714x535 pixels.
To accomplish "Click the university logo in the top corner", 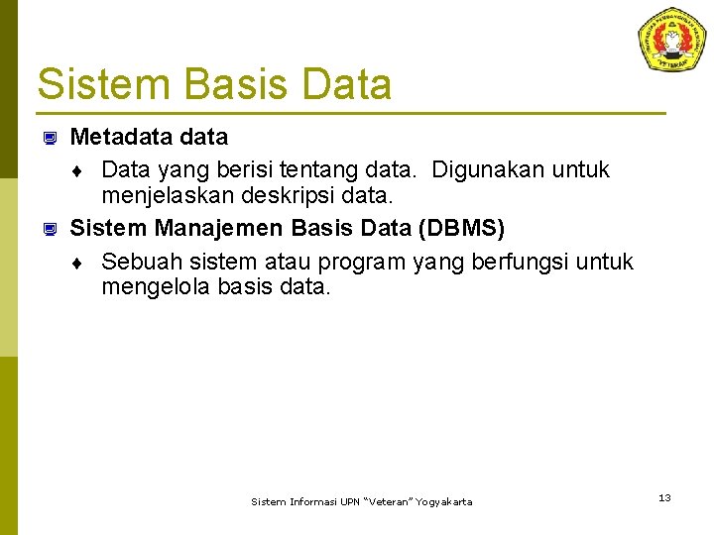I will (672, 39).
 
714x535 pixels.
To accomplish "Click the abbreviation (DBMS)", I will (461, 229).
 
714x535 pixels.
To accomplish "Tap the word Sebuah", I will (140, 262).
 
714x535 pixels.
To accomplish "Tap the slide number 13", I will (664, 497).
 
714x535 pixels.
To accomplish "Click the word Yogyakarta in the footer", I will (444, 502).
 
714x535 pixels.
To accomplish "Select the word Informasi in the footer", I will (309, 502).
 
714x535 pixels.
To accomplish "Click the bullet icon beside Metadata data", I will (48, 138).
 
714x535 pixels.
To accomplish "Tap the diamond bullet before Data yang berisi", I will (77, 171).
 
